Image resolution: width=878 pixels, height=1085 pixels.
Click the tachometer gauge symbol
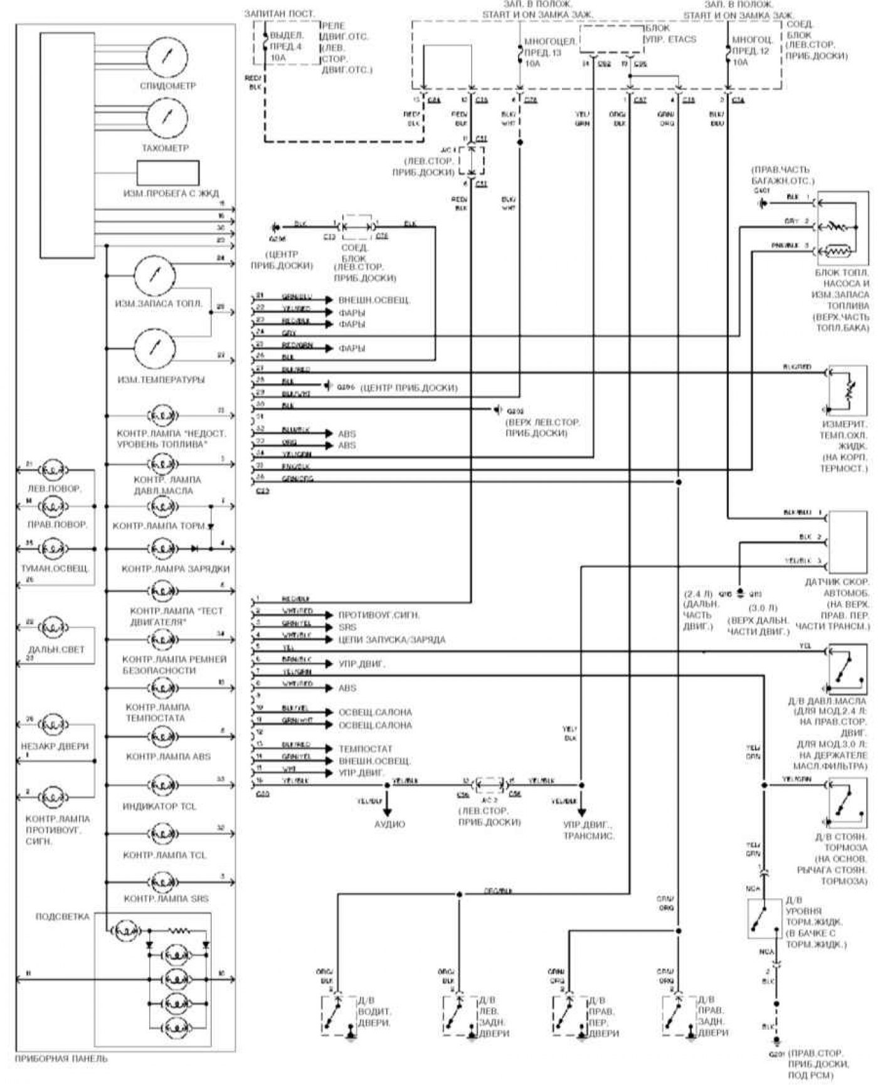click(x=167, y=118)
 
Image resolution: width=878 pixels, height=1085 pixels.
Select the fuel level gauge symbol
click(x=155, y=275)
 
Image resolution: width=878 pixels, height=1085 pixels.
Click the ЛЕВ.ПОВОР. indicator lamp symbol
click(x=56, y=470)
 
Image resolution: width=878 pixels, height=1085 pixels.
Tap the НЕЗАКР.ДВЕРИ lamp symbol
click(x=56, y=726)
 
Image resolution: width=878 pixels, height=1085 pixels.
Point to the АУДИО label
click(x=389, y=824)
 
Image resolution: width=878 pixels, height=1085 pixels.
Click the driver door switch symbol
click(x=339, y=1015)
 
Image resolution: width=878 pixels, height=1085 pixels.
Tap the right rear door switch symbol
click(x=679, y=1015)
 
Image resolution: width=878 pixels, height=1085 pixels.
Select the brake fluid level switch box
click(x=764, y=919)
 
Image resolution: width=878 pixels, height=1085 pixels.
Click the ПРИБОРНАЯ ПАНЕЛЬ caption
click(x=61, y=1059)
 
